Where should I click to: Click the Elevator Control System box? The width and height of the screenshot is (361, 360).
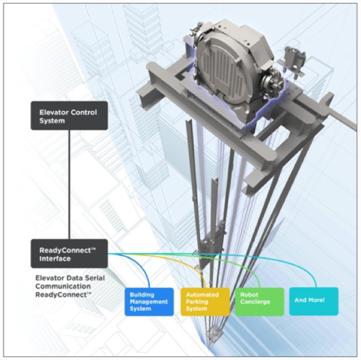pos(69,115)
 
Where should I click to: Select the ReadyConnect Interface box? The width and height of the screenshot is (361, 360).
pos(69,253)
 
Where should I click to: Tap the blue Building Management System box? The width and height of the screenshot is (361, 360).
pos(149,302)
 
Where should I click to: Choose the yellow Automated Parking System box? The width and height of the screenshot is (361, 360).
pos(205,302)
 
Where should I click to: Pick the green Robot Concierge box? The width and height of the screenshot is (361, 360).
pos(259,302)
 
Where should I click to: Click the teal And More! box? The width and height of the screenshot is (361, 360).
pos(314,301)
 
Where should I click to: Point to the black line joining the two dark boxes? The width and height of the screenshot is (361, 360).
pos(69,185)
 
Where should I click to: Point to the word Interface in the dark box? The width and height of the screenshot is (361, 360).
pos(55,259)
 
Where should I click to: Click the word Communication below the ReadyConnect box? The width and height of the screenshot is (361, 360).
pos(63,286)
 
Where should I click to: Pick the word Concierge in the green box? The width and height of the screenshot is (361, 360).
pos(255,302)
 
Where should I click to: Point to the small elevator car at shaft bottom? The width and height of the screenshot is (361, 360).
pos(214,334)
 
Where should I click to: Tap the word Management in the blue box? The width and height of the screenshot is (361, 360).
pos(149,302)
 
